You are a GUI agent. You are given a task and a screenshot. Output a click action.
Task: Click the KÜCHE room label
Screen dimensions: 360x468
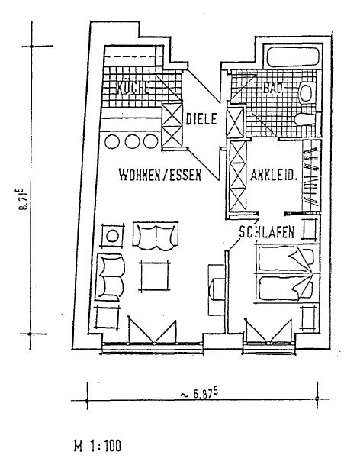(x=133, y=88)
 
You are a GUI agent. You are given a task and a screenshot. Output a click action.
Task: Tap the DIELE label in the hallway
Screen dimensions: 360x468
(x=201, y=119)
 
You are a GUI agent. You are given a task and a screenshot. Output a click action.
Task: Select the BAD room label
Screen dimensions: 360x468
(x=273, y=88)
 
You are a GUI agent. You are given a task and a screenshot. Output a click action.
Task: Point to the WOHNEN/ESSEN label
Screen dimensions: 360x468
(x=160, y=175)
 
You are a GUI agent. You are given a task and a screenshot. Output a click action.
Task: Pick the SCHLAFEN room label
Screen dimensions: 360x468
(x=267, y=232)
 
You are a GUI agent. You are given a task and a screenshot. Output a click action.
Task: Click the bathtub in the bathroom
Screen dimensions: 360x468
(x=294, y=56)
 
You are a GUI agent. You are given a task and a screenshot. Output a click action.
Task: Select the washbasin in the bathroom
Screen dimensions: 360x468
(x=307, y=93)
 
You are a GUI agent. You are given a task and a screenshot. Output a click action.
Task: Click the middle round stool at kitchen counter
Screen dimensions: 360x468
(x=131, y=140)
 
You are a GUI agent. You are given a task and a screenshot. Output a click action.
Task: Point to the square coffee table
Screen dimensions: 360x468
(x=155, y=276)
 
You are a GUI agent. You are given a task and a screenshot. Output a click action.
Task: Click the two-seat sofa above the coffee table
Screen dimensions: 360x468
(x=156, y=236)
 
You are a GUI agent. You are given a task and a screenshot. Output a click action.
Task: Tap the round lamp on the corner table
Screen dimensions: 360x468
(x=112, y=237)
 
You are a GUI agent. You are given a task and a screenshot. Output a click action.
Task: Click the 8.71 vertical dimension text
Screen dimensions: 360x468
(x=24, y=199)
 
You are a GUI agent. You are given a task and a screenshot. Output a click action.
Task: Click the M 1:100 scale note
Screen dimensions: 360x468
(x=98, y=446)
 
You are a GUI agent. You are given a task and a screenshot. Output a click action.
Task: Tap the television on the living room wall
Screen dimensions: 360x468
(x=216, y=289)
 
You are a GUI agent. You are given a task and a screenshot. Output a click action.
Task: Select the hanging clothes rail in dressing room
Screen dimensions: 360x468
(x=312, y=176)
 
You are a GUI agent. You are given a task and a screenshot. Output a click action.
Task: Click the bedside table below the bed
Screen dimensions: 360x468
(x=309, y=319)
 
